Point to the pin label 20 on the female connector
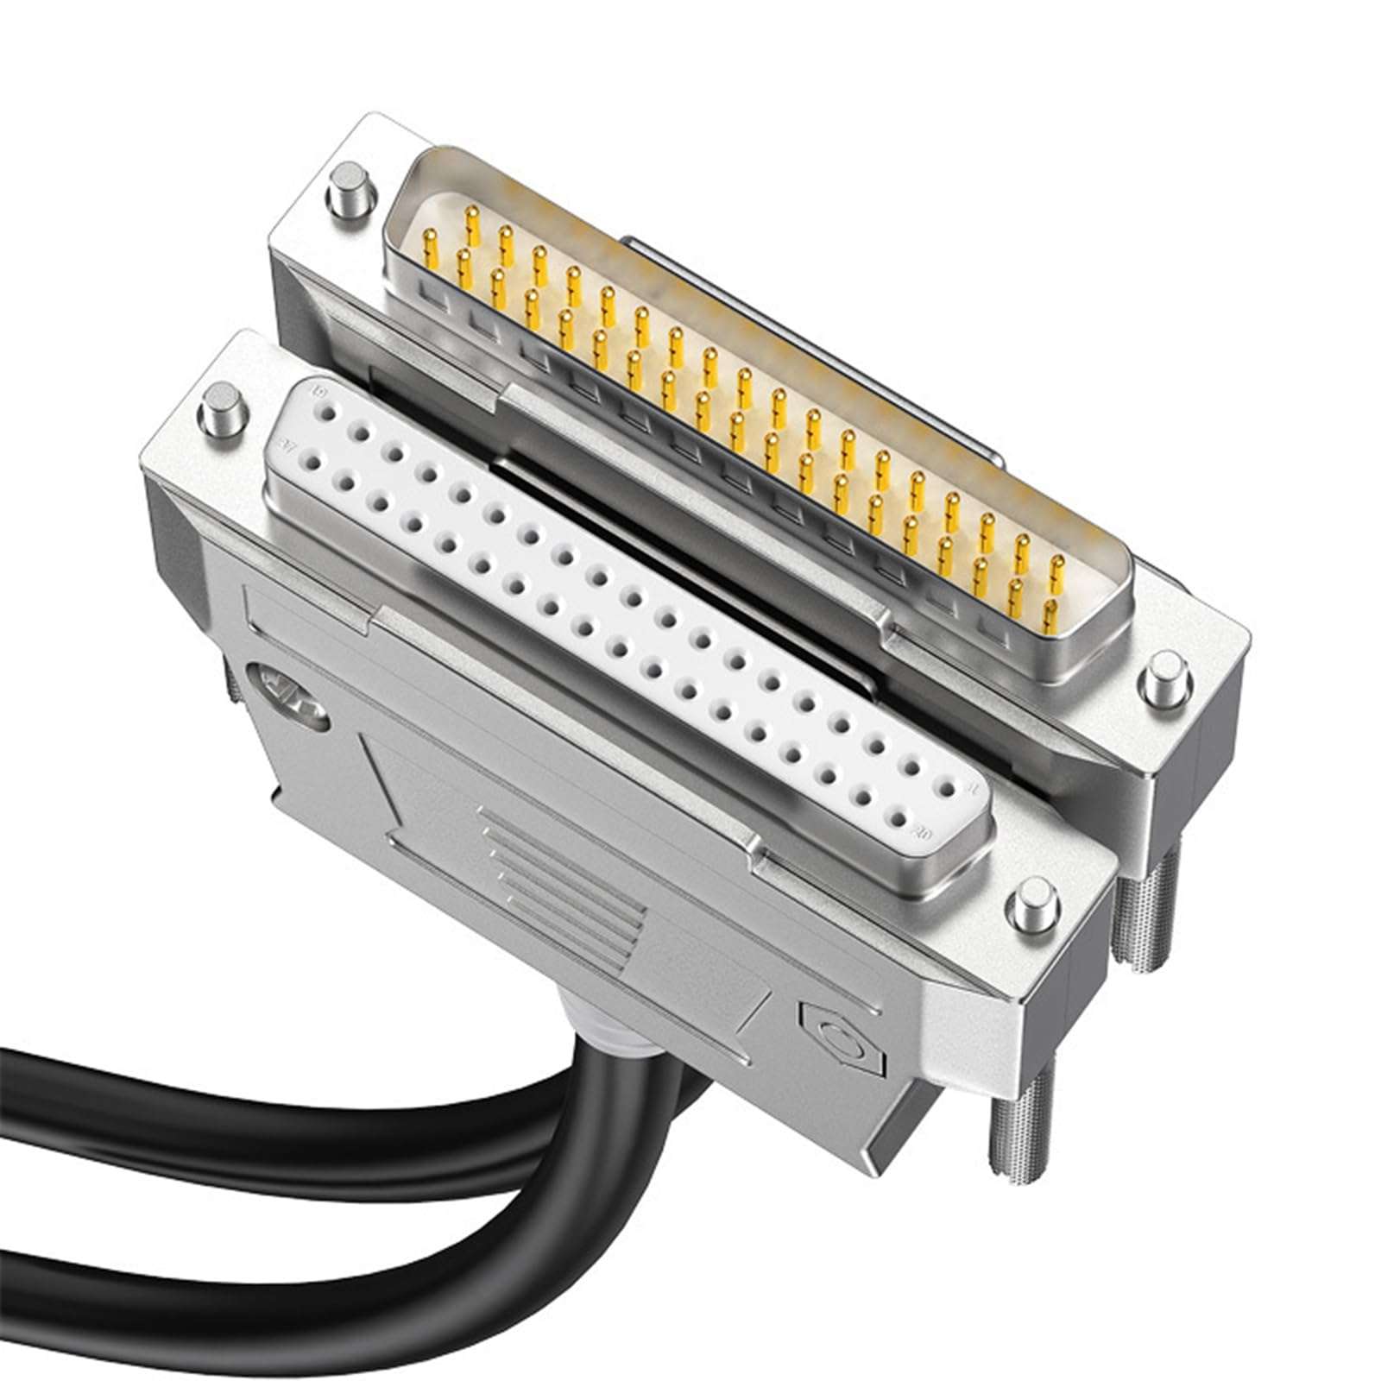[922, 835]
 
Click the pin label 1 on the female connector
[973, 787]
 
